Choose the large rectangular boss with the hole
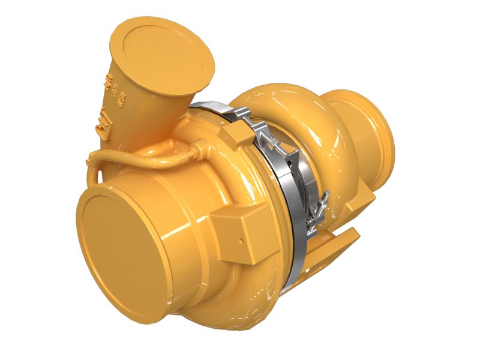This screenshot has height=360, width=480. coord(237,231)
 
